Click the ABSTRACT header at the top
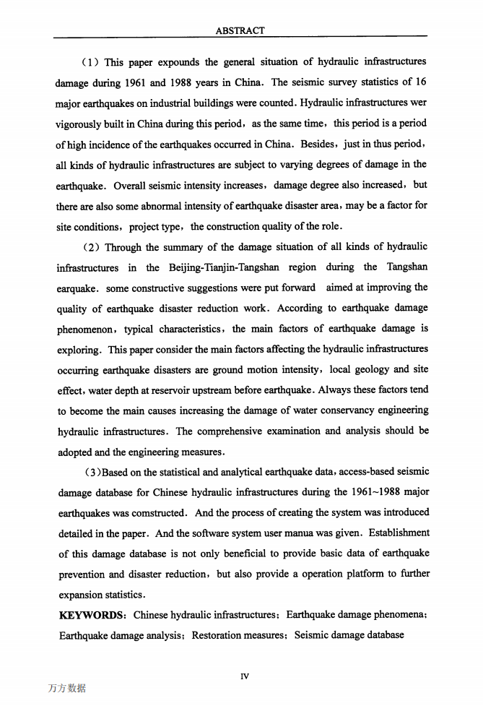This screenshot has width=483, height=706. [x=240, y=30]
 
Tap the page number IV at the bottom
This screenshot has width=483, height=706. [x=244, y=676]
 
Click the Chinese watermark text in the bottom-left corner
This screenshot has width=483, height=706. [x=66, y=689]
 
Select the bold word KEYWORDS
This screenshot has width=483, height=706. [x=91, y=615]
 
